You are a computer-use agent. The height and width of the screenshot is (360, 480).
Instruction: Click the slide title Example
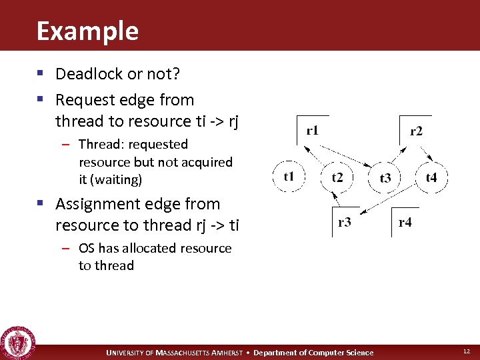coord(87,31)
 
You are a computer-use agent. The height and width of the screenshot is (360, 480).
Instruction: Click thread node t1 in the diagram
coord(289,177)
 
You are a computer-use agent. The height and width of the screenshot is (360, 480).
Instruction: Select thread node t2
coord(337,177)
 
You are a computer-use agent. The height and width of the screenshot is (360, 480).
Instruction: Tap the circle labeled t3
coord(385,177)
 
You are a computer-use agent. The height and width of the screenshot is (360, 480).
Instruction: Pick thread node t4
coord(431,177)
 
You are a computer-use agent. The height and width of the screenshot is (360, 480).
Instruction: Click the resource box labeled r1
coord(311,130)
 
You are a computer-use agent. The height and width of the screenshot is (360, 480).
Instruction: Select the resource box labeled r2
coord(415,131)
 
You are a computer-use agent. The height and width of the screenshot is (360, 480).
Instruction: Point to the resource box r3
coord(345,222)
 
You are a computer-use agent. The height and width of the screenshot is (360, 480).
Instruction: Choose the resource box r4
coord(405,222)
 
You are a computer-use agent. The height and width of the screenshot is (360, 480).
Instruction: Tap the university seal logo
coord(18,343)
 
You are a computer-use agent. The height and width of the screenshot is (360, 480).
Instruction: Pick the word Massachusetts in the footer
coord(183,353)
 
